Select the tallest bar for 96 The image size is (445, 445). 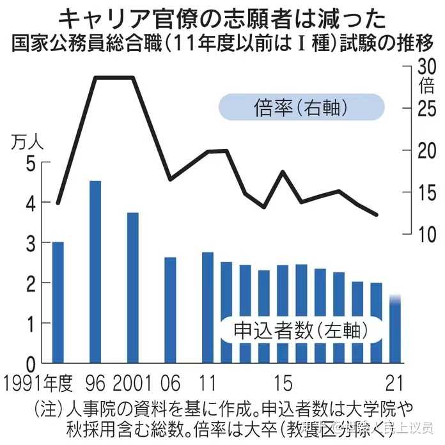click(x=95, y=272)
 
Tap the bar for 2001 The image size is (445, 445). click(x=133, y=288)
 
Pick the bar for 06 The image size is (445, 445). click(x=170, y=309)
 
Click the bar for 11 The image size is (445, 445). click(x=208, y=307)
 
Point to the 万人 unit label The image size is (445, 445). click(x=27, y=142)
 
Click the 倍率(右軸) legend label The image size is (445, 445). click(x=301, y=107)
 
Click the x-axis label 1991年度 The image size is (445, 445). click(x=38, y=384)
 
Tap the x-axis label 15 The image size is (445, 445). click(x=282, y=384)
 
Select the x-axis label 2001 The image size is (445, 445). click(x=133, y=384)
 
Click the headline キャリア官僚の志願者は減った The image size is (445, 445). click(x=222, y=18)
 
